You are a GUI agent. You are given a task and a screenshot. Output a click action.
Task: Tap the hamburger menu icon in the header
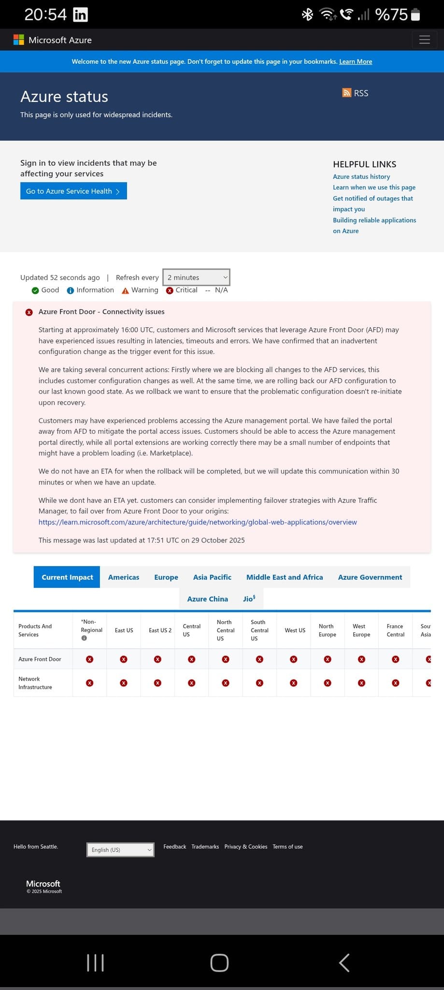point(424,40)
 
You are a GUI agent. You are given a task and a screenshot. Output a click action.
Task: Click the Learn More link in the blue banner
point(356,61)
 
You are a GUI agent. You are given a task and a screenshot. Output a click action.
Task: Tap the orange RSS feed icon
point(347,93)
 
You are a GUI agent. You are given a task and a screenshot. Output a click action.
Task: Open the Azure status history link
point(361,176)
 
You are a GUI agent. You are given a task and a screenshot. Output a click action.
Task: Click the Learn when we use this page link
point(374,187)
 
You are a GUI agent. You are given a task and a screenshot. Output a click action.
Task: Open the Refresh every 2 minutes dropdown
point(196,277)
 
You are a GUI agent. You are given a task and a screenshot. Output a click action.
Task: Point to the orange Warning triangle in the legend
point(125,291)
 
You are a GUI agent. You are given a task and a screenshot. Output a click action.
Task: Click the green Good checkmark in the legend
point(35,291)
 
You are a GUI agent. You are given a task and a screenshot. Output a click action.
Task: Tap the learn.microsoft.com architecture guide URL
point(198,522)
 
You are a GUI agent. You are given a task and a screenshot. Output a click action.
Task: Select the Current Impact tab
point(67,577)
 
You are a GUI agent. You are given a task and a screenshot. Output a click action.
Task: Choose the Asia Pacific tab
point(212,577)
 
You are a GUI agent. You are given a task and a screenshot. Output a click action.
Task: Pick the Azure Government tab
point(370,577)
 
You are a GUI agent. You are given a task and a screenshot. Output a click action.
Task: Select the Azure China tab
point(207,599)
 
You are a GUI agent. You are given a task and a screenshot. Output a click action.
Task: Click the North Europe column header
point(327,630)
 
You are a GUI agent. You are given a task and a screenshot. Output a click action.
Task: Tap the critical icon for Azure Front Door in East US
point(124,659)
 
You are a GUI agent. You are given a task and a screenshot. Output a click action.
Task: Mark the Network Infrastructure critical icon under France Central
point(395,683)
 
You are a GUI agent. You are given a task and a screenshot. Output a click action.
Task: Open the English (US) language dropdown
point(120,850)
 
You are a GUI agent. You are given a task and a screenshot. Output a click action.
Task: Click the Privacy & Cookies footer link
point(245,846)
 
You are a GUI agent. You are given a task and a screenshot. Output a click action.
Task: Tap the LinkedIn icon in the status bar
point(80,15)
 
